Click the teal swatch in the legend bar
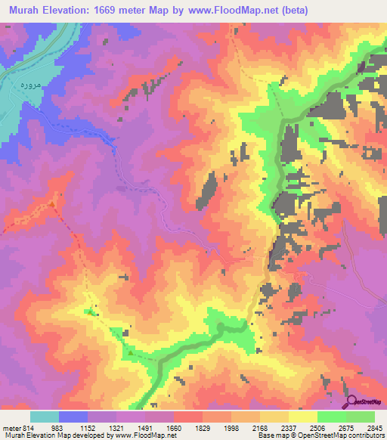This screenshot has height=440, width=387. coord(45,417)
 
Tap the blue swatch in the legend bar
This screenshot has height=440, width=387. coord(73,417)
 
